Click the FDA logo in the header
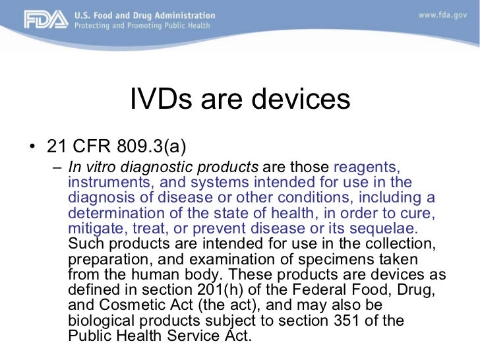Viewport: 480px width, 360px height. (x=46, y=20)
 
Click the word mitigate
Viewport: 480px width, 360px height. (x=94, y=228)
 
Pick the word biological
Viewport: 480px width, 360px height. (x=100, y=320)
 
